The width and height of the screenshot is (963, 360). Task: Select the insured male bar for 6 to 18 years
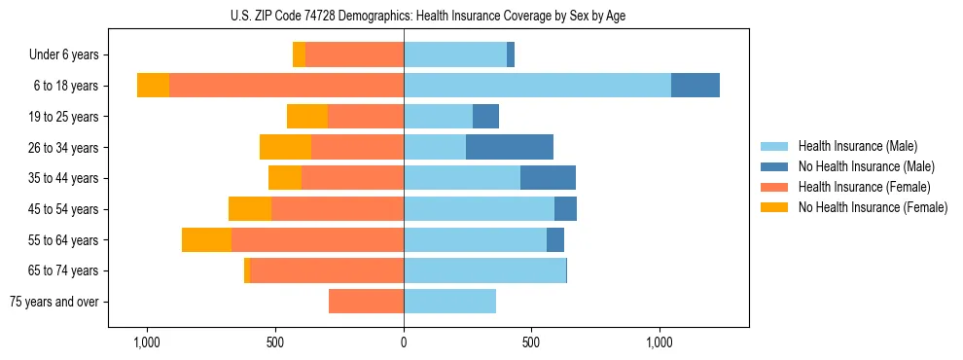(x=537, y=86)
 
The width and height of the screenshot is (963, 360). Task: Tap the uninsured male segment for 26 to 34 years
(x=510, y=147)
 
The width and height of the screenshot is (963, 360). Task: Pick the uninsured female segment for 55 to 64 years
(x=206, y=239)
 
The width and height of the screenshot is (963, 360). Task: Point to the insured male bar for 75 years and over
(x=449, y=302)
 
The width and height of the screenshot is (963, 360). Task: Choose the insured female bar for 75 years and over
(x=366, y=302)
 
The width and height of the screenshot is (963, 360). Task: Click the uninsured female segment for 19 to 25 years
(x=307, y=117)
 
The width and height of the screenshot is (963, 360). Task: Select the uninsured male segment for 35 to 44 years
(x=548, y=178)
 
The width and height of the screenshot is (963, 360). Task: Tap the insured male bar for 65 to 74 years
(x=484, y=270)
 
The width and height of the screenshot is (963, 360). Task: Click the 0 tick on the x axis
(x=404, y=342)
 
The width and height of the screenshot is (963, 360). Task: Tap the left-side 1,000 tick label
(x=147, y=342)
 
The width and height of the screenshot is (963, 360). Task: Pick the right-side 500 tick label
(x=531, y=342)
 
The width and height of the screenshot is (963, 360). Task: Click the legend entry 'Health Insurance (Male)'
(x=857, y=146)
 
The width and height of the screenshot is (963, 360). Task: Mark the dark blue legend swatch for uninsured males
(x=775, y=166)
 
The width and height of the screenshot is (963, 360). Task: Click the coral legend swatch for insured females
(x=775, y=187)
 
